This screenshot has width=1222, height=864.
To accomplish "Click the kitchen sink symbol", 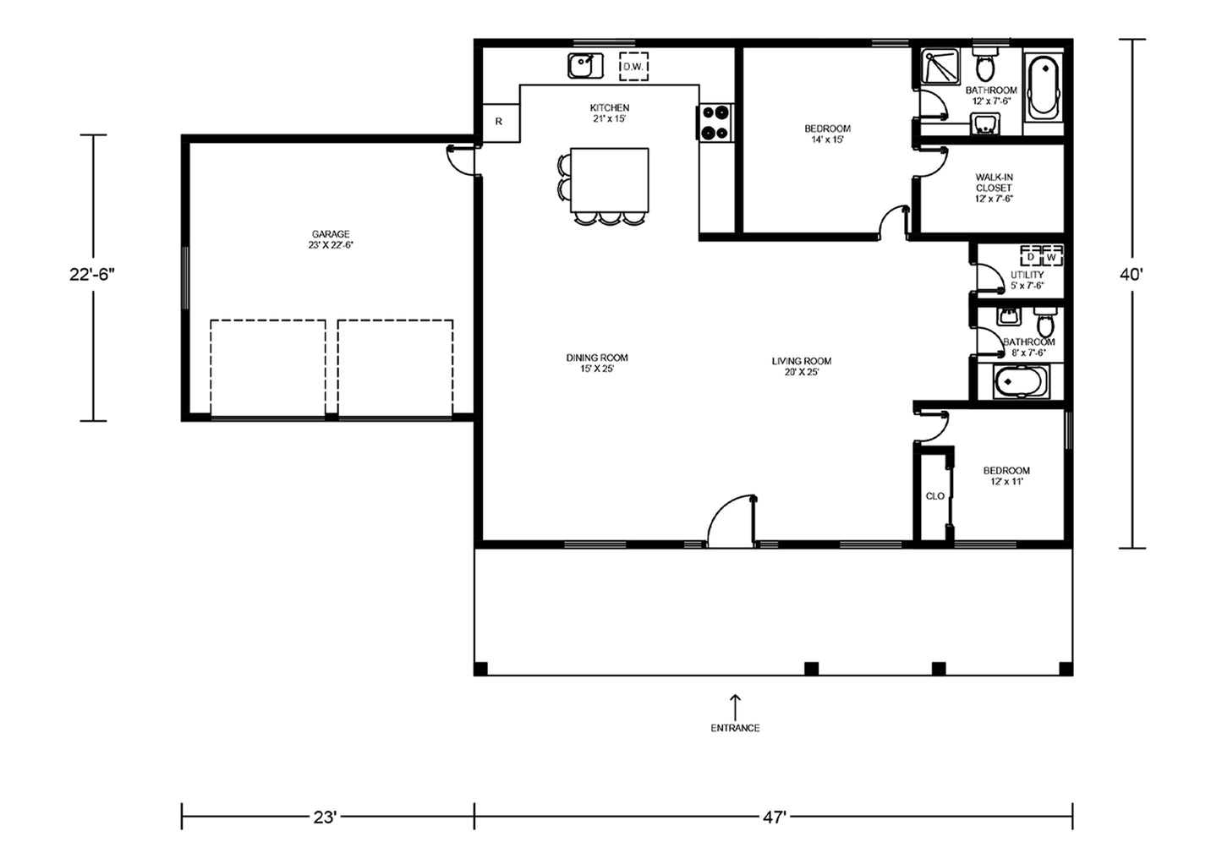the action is [585, 66].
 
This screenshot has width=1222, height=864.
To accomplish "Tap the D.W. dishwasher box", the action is [633, 67].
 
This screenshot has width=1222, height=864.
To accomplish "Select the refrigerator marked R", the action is [501, 123].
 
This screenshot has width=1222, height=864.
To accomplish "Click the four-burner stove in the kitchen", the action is [715, 123].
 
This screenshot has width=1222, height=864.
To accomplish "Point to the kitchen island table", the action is [610, 180].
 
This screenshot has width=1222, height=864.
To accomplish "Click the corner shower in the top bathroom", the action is [940, 67].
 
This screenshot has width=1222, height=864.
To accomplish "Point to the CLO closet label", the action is [935, 495].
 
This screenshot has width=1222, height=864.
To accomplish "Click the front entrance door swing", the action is [731, 520].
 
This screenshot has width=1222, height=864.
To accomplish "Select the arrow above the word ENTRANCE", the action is [735, 708].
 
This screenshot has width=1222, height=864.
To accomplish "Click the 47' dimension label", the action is [774, 818].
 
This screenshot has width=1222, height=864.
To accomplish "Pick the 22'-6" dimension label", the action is [92, 275].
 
